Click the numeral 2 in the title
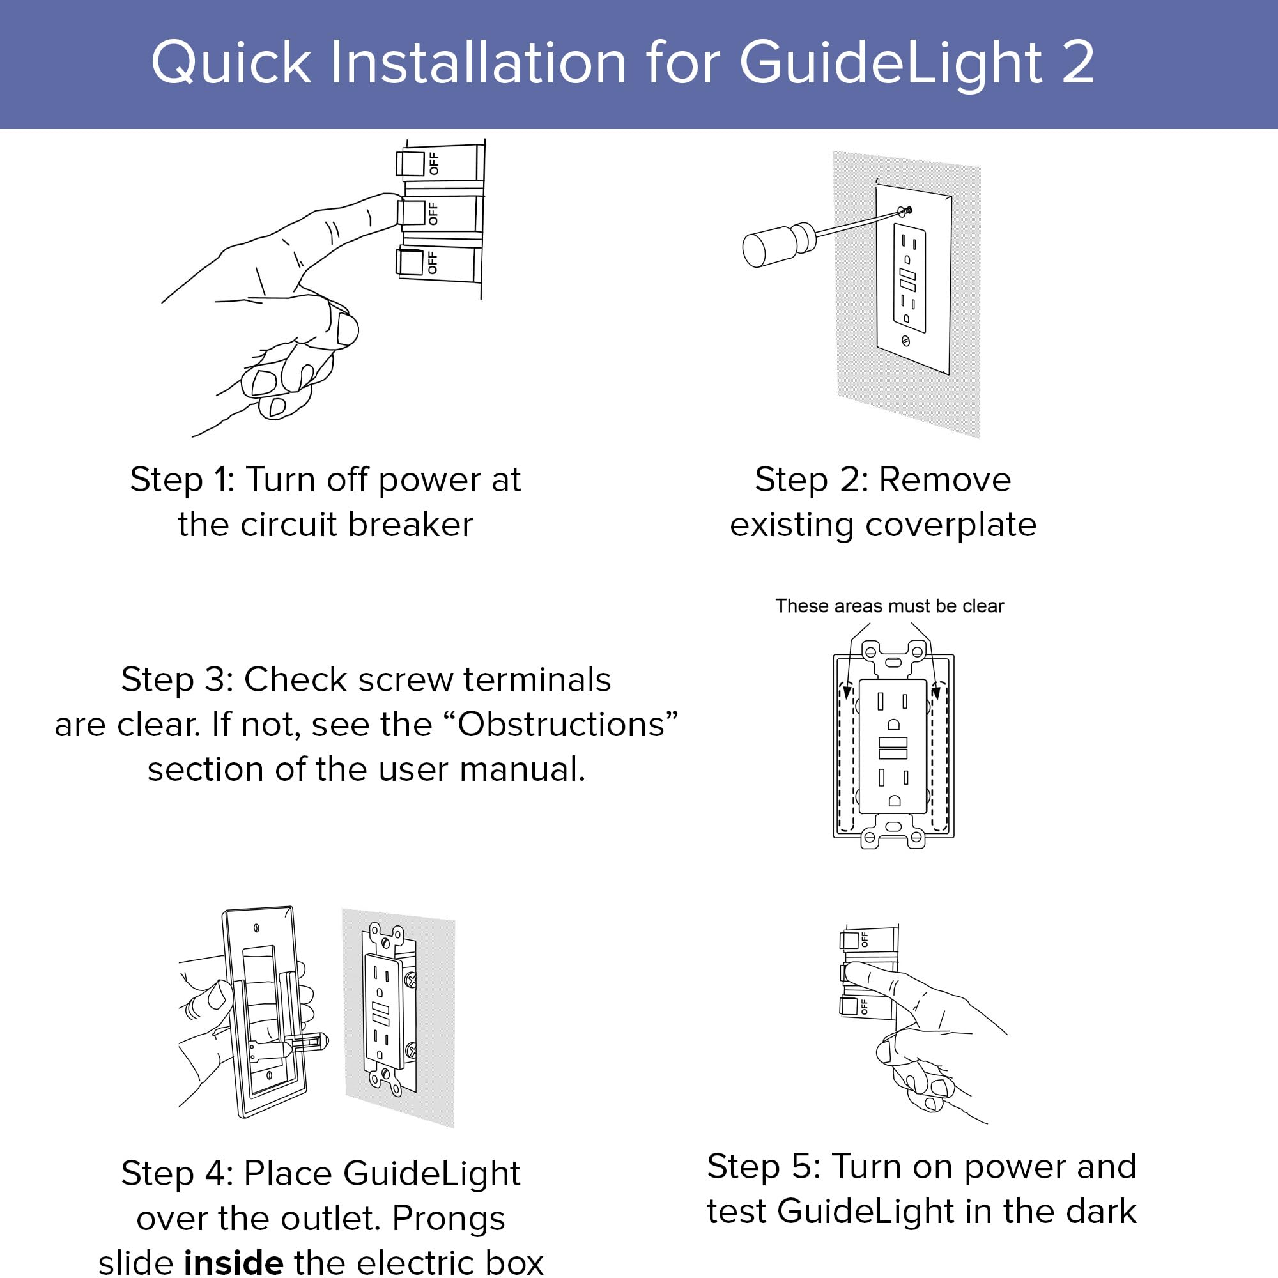pos(1077,62)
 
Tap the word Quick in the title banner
pos(231,63)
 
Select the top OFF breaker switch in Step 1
pos(411,164)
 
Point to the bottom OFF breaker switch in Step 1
pos(410,262)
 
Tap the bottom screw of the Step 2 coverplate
pos(905,341)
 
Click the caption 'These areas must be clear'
pos(889,606)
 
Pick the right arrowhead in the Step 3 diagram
pos(936,693)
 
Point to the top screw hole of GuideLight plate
pos(257,928)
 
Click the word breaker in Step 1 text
pos(410,525)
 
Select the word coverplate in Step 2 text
pos(951,525)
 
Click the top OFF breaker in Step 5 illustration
pos(849,940)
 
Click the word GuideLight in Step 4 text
pos(431,1173)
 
